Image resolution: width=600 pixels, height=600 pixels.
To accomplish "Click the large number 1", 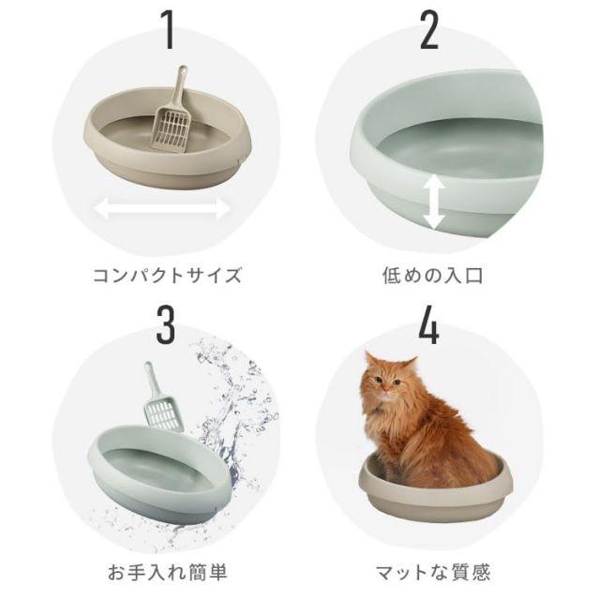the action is [168, 30].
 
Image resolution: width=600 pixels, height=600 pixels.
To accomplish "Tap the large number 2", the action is [429, 30].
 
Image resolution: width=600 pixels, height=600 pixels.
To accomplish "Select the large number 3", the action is [166, 325].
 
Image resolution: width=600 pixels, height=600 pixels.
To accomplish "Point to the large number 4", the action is [428, 325].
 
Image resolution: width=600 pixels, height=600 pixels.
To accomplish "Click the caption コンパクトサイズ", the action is [167, 275].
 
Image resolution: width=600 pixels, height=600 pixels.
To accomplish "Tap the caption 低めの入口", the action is [432, 275].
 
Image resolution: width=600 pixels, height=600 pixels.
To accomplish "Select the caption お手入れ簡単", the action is [167, 573].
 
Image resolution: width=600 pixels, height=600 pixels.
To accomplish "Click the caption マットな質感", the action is [433, 573].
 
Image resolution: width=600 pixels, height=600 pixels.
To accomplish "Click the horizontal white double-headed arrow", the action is [162, 209].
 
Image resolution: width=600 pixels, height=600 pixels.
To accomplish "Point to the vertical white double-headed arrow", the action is [434, 202].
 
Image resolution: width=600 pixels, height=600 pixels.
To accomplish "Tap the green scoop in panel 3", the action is [160, 397].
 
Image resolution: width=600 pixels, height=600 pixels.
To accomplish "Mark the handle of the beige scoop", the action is [179, 87].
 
